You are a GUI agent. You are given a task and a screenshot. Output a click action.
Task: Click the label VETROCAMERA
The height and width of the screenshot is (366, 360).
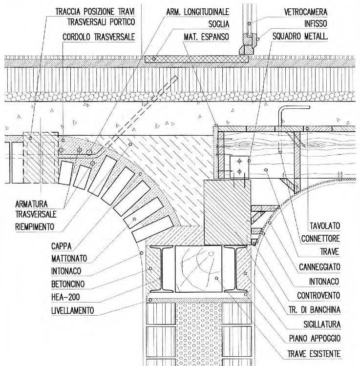[x=305, y=12]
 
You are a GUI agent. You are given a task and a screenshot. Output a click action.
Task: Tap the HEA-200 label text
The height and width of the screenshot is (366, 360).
[x=65, y=297]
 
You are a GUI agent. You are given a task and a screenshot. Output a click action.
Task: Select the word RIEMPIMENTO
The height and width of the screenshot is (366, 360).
[x=35, y=226]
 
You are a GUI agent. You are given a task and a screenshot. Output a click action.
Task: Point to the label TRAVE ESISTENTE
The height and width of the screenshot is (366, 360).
[x=314, y=354]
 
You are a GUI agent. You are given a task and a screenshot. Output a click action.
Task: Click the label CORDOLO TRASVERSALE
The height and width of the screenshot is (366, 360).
[x=99, y=37]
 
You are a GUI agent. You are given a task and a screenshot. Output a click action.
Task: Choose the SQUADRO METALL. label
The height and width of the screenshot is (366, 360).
[x=300, y=36]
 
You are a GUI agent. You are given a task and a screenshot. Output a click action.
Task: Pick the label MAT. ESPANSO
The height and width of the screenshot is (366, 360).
[x=206, y=37]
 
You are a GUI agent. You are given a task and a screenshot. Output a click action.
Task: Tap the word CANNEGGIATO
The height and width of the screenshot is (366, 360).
[x=319, y=267]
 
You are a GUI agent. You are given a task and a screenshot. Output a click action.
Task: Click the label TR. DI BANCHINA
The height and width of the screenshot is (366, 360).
[x=315, y=310]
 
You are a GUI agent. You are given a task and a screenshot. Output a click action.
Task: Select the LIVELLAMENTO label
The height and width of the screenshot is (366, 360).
[x=72, y=310]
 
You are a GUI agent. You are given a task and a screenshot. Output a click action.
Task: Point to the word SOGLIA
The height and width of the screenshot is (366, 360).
[x=219, y=24]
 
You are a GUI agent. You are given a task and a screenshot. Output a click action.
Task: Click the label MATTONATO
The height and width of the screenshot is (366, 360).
[x=69, y=258]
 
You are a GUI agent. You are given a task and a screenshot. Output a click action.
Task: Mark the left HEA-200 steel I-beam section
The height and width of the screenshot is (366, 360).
[x=161, y=269]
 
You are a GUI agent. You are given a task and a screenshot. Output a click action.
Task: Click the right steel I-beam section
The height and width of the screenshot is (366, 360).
[x=235, y=269]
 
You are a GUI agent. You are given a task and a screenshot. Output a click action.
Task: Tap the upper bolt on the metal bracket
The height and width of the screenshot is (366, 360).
[x=239, y=161]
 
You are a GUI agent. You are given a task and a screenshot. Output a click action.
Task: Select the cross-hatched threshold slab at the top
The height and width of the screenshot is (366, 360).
[x=196, y=59]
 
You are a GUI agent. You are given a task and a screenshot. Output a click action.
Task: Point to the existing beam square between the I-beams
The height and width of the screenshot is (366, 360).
[x=198, y=269]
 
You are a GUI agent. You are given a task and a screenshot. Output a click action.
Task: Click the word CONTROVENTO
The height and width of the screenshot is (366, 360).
[x=318, y=296]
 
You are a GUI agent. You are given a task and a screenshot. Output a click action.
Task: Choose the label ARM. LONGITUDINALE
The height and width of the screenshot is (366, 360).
[x=197, y=12]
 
